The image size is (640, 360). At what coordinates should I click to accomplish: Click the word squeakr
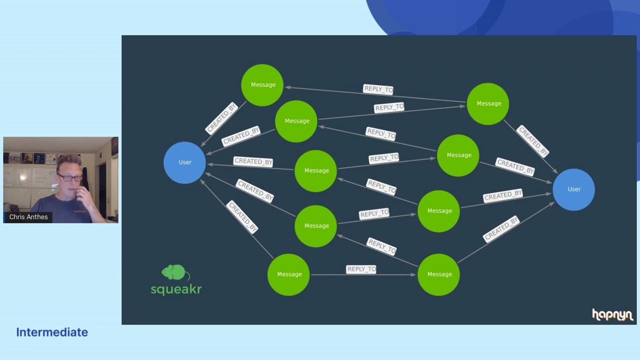[176, 288]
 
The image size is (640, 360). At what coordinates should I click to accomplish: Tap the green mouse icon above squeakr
[175, 272]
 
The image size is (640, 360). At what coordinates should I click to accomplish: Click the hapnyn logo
[612, 314]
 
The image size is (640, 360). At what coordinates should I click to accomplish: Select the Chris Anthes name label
[28, 217]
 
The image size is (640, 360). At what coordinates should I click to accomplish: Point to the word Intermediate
[52, 332]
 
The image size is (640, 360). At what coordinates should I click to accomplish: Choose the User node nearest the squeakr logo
[185, 162]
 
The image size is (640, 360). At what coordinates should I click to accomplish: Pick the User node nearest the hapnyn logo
[574, 189]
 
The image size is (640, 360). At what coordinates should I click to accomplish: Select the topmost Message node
[262, 85]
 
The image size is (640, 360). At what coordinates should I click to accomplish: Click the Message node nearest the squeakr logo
[288, 274]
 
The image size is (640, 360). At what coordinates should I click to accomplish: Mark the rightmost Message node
[488, 103]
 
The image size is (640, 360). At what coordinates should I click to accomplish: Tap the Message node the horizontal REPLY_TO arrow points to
[438, 274]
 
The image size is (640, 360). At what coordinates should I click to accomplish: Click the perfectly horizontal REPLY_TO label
[361, 269]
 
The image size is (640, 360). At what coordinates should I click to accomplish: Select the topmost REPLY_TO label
[378, 89]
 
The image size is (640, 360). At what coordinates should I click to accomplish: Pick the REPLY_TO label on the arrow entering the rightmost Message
[389, 107]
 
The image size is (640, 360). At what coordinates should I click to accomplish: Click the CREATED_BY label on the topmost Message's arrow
[222, 118]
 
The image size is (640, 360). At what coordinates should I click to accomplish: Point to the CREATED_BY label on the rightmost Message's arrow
[533, 141]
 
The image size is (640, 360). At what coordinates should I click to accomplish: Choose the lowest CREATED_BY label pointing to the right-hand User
[501, 229]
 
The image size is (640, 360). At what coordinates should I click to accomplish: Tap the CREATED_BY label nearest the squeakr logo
[242, 216]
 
